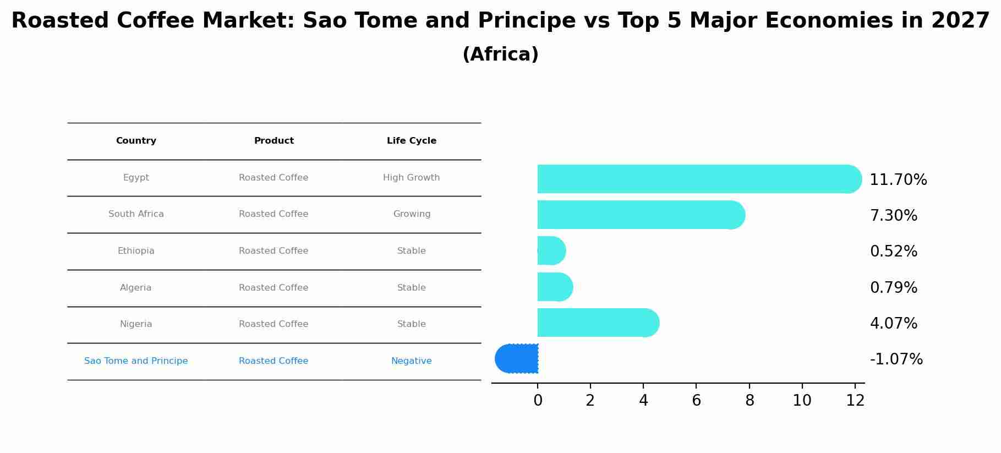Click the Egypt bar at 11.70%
pos(699,179)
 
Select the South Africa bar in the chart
pos(641,215)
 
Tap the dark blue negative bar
pos(516,359)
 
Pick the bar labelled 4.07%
pos(598,323)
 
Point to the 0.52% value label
pos(894,252)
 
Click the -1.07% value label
pos(896,359)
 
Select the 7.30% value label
pos(894,216)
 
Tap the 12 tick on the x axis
pos(855,401)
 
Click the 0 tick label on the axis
pos(538,401)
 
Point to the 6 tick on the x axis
pos(696,401)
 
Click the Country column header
pos(136,141)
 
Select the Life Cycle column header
pos(412,141)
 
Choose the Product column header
pos(274,141)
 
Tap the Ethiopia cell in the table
pos(136,251)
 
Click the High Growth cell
pos(412,178)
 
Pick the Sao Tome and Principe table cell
pos(136,361)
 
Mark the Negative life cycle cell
pos(412,361)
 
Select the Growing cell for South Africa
pos(412,214)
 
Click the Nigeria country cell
pos(136,324)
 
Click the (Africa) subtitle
pos(501,54)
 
